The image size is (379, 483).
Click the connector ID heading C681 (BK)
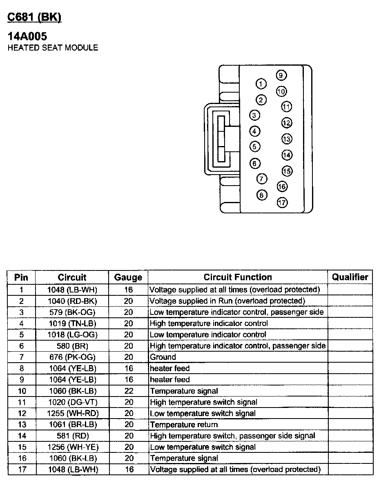34,17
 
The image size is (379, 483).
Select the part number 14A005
27,37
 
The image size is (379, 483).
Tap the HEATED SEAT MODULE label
53,48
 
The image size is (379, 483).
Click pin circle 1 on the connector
261,84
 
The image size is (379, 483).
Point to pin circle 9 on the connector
281,75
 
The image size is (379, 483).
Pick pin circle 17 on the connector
282,202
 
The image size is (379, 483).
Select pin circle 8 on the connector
262,195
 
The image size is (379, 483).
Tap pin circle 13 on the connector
287,139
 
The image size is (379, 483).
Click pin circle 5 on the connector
254,146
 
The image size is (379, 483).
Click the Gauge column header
128,277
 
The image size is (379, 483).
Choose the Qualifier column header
350,277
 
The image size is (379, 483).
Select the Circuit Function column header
238,277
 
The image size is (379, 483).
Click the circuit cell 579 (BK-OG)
72,312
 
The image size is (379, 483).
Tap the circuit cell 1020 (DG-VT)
72,402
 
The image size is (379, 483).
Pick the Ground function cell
163,357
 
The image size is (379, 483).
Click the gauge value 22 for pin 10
129,391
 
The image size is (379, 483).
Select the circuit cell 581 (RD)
72,436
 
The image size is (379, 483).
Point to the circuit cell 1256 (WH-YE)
72,447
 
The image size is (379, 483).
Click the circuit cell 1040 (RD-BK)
72,301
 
